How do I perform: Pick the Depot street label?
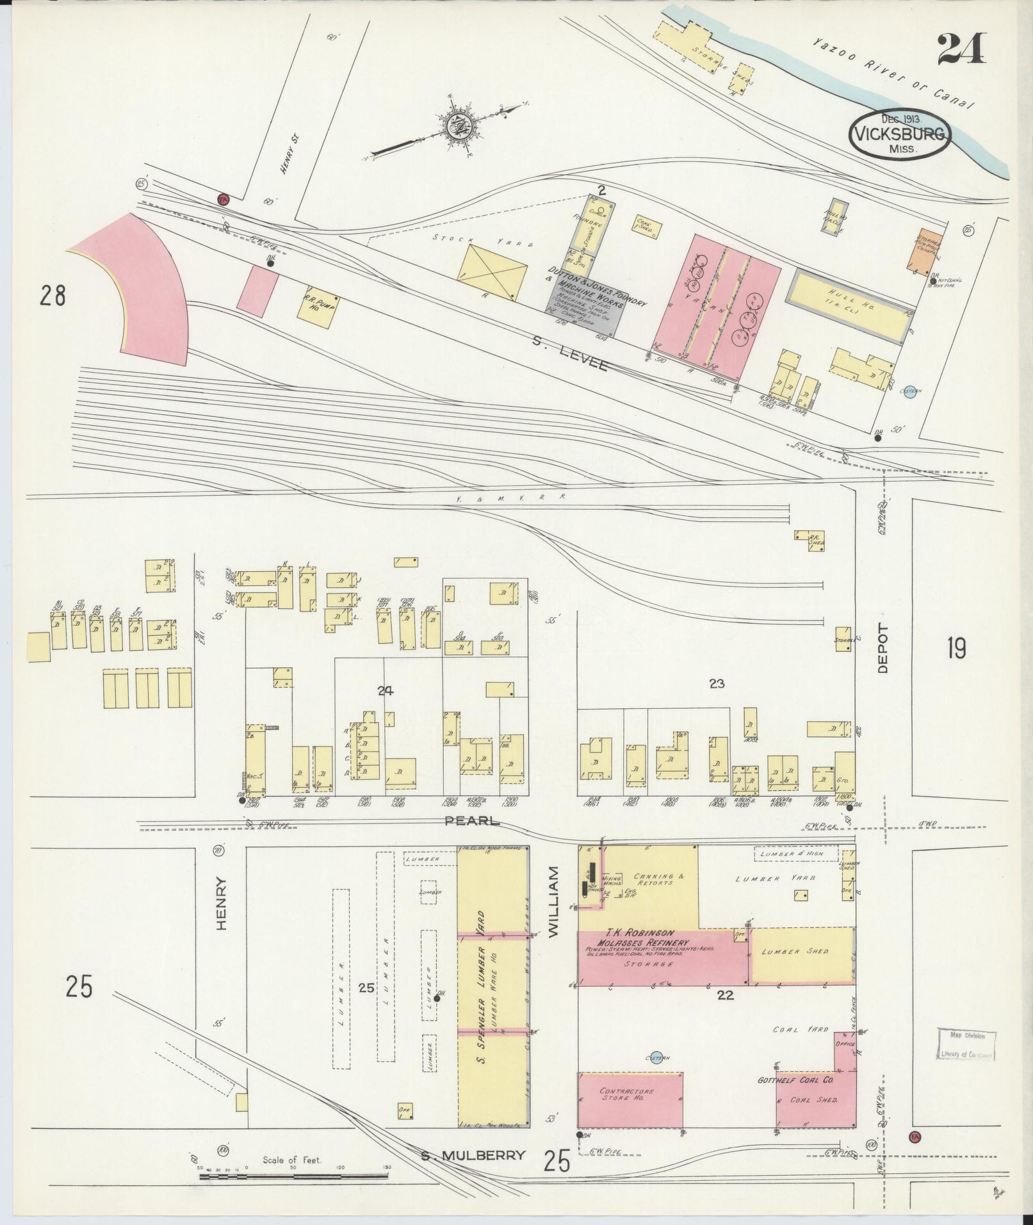(x=883, y=647)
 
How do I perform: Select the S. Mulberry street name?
(x=473, y=1156)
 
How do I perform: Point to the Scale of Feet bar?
(x=295, y=1176)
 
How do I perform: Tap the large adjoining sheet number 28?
(x=53, y=296)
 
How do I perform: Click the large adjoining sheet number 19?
(x=956, y=649)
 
